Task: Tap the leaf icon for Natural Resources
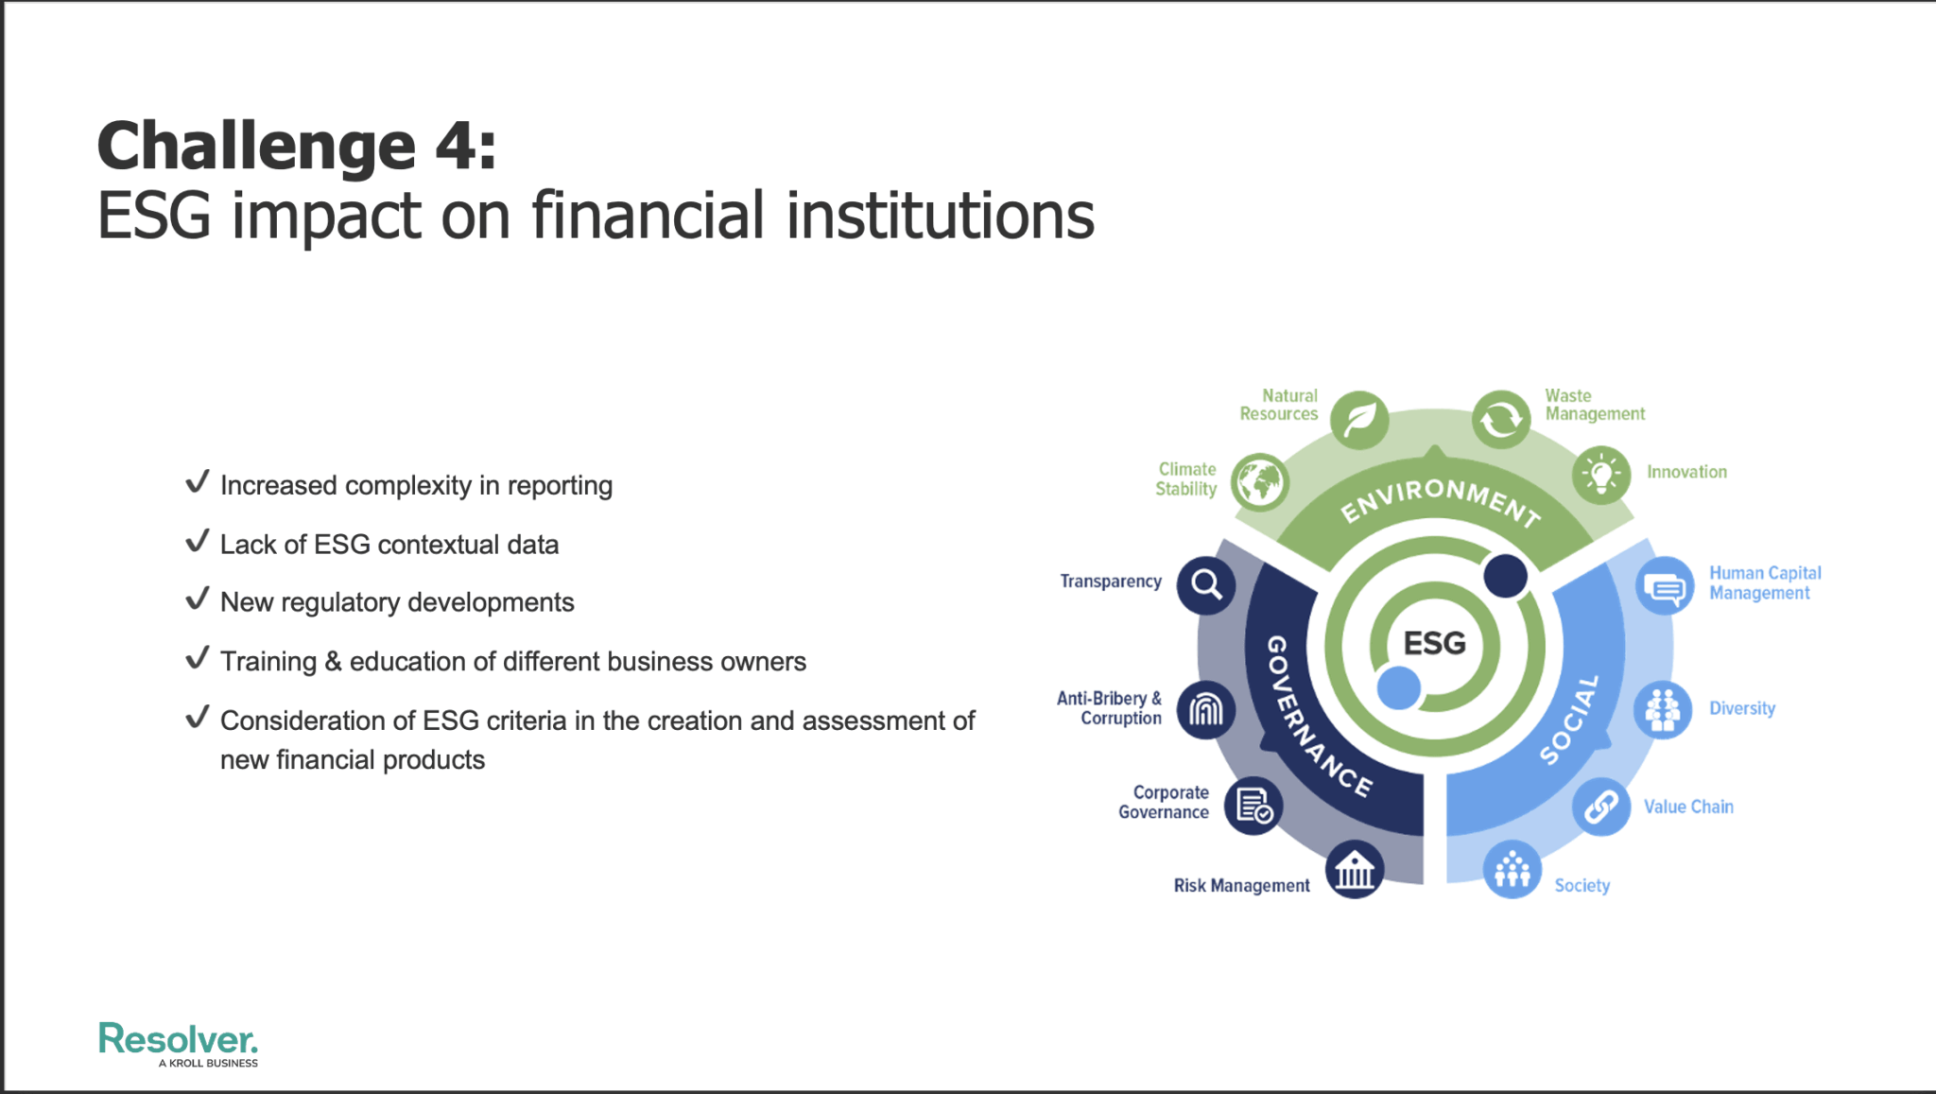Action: point(1359,419)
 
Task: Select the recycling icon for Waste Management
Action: point(1501,419)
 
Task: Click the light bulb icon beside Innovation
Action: point(1601,475)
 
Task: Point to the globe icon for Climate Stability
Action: point(1260,482)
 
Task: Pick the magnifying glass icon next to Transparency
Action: point(1206,584)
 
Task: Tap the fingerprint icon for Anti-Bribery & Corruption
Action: point(1206,709)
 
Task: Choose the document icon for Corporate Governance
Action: point(1253,807)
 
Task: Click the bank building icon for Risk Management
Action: point(1355,869)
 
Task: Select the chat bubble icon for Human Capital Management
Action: point(1665,586)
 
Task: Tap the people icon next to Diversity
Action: point(1663,709)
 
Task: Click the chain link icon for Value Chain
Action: point(1601,807)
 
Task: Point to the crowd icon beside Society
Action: point(1512,869)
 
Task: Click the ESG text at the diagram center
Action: point(1434,644)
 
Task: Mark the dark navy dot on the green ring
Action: point(1506,576)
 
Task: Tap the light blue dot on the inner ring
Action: point(1399,687)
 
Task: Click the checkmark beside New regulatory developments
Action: point(198,599)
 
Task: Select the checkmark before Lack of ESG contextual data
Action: point(198,541)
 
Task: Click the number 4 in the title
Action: point(455,147)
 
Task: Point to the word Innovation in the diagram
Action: point(1686,472)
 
